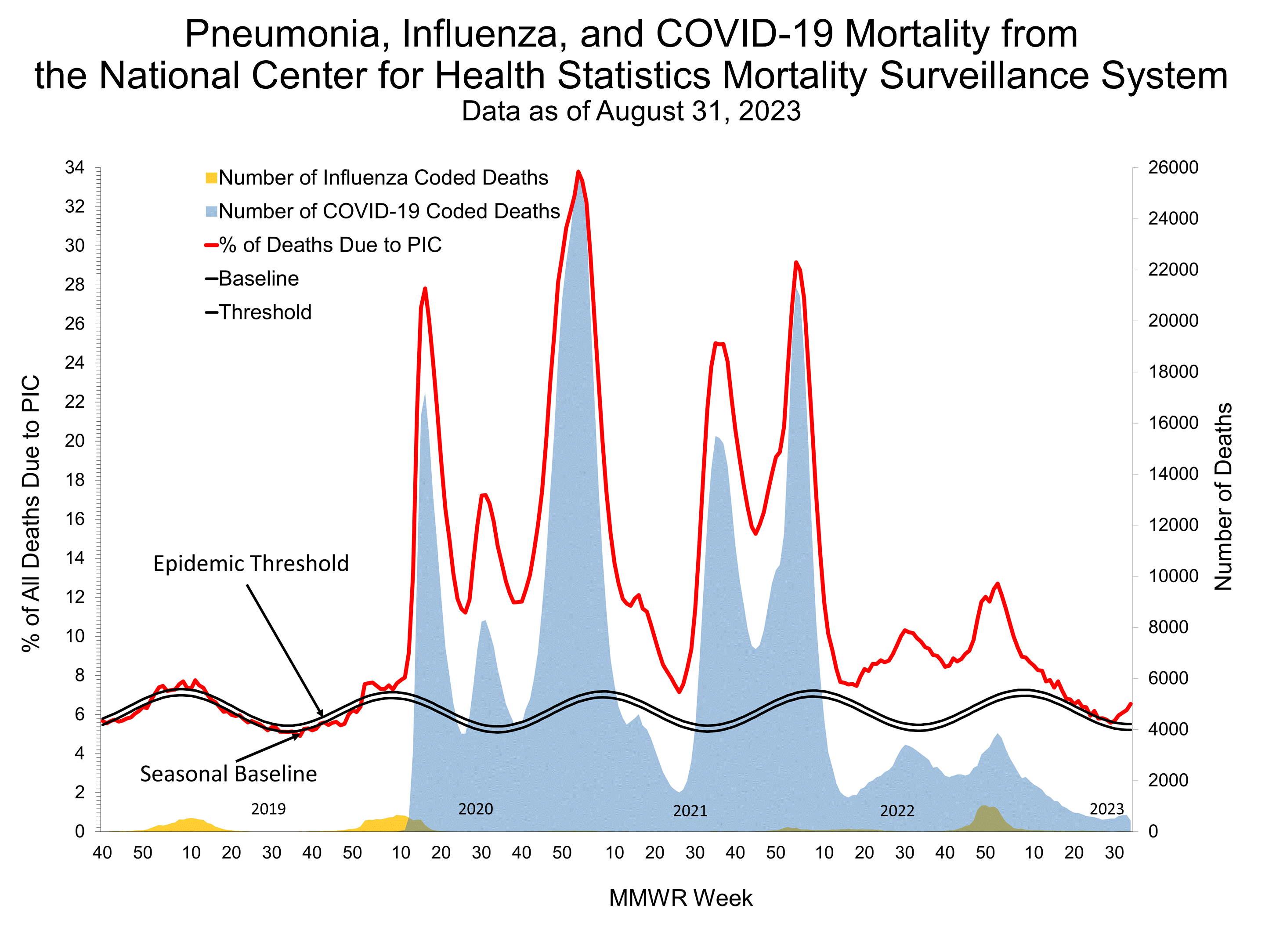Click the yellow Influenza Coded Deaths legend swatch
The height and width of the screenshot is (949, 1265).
(x=211, y=178)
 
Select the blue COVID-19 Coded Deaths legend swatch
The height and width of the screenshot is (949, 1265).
(x=211, y=212)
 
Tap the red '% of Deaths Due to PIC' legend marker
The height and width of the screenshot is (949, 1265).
(x=211, y=246)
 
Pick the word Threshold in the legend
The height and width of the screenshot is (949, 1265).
(x=265, y=312)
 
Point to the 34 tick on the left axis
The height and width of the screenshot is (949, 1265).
(x=75, y=167)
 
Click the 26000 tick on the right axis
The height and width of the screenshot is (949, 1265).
(x=1173, y=167)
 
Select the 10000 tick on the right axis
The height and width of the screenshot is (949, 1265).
(x=1173, y=576)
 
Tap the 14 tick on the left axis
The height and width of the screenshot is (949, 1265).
(x=75, y=558)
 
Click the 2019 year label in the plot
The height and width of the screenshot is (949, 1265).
(x=268, y=809)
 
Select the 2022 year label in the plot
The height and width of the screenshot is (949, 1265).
(x=897, y=811)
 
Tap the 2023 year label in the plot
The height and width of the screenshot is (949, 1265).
(x=1106, y=809)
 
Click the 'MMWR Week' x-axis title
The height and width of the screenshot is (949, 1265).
(x=680, y=898)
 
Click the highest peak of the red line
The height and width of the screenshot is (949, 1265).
(x=578, y=172)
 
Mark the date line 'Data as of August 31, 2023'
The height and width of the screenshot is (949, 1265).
(x=631, y=111)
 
